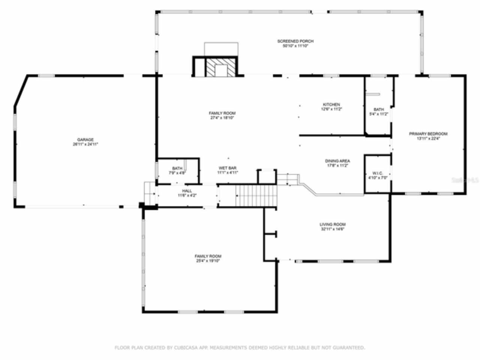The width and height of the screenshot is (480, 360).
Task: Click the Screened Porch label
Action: tap(295, 41)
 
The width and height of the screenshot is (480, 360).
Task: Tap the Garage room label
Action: tap(85, 139)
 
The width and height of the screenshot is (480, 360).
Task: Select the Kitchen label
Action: tap(331, 105)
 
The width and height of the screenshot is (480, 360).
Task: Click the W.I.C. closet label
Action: tap(377, 173)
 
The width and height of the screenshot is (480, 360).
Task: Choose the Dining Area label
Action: tap(337, 161)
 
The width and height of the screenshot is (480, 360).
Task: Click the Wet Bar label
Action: tap(228, 168)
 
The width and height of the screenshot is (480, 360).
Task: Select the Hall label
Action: tap(187, 191)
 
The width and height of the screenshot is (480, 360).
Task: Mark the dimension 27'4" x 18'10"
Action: tap(222, 118)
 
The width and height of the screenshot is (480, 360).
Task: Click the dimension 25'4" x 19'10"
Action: tap(208, 261)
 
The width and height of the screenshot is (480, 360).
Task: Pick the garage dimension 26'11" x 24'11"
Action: tap(85, 144)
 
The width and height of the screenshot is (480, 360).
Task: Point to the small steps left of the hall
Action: tap(150, 193)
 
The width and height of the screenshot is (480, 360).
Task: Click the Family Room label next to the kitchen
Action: tap(222, 113)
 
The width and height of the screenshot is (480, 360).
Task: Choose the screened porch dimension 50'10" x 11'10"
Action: tap(295, 46)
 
